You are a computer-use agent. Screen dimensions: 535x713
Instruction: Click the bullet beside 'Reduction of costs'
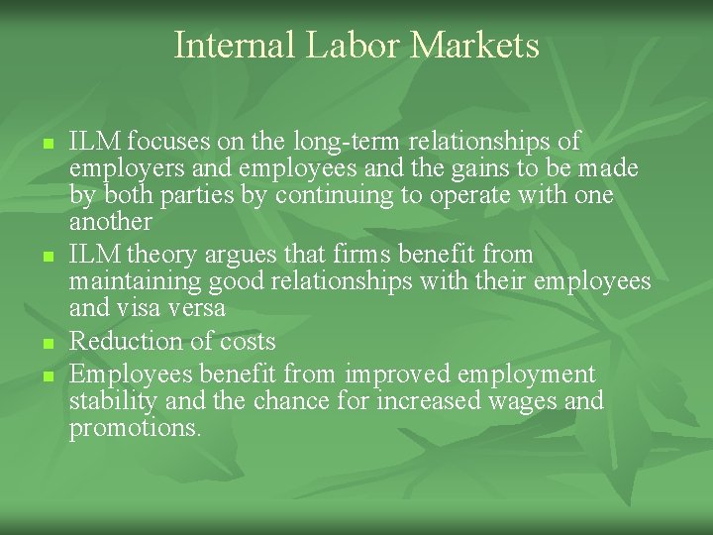47,344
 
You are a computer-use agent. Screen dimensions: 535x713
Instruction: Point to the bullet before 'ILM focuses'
47,145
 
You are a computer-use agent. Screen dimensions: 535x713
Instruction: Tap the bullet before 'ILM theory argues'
47,258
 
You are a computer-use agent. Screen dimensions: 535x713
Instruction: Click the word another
110,222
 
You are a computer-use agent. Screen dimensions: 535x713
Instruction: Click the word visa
135,308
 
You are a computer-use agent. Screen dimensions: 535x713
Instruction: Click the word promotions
135,428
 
